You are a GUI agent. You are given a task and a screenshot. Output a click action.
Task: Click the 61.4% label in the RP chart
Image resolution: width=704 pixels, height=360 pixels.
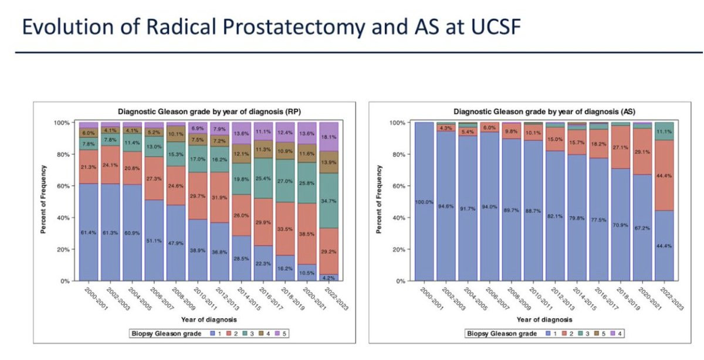89,233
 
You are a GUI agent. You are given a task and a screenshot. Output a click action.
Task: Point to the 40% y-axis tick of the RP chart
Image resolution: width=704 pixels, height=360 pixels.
63,218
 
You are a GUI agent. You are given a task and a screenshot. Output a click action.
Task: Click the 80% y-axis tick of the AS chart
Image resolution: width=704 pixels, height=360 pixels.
398,154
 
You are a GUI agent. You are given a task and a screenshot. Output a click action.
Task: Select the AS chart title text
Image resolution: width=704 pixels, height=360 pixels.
536,110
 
